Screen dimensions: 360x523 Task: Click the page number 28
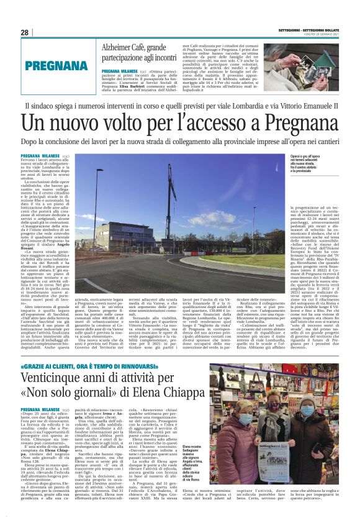pos(24,32)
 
